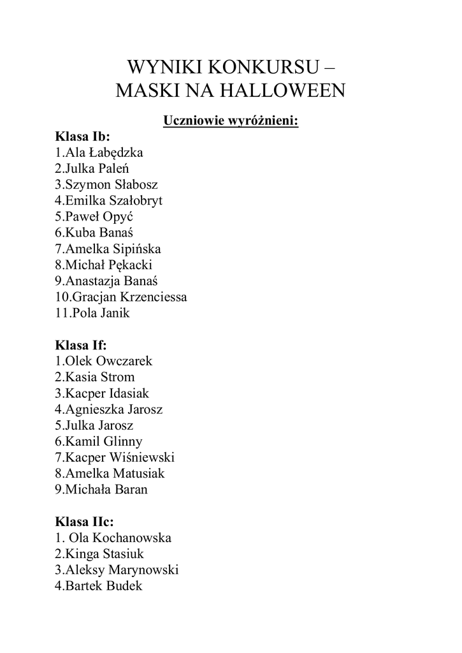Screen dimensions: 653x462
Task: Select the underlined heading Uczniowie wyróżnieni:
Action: pyautogui.click(x=231, y=120)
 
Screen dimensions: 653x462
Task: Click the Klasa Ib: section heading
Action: pyautogui.click(x=83, y=136)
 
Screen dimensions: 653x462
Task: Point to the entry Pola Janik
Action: pyautogui.click(x=92, y=313)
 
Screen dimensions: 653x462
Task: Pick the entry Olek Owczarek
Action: pyautogui.click(x=104, y=361)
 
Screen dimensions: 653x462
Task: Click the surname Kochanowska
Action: pyautogui.click(x=132, y=538)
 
